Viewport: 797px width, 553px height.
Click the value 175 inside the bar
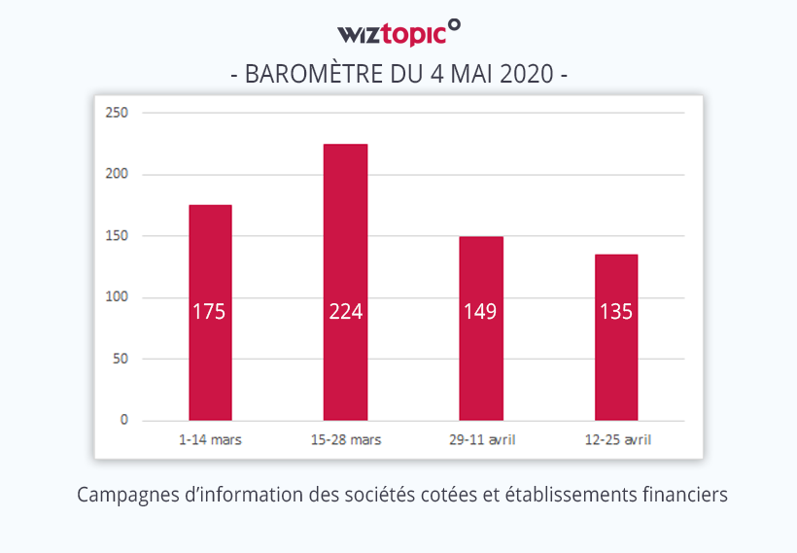210,312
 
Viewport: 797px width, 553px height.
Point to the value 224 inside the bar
345,312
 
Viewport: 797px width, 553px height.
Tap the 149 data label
481,312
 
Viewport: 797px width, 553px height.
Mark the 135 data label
616,312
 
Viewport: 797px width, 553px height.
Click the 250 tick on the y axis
117,113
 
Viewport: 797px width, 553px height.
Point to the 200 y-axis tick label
117,174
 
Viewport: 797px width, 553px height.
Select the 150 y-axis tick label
117,235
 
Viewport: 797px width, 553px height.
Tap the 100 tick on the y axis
117,297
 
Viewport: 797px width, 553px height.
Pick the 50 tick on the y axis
121,359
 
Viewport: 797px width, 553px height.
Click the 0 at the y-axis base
124,420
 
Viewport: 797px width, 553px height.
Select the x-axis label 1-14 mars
210,440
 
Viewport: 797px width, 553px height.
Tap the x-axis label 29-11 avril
481,440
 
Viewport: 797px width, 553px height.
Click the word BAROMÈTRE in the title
309,74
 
